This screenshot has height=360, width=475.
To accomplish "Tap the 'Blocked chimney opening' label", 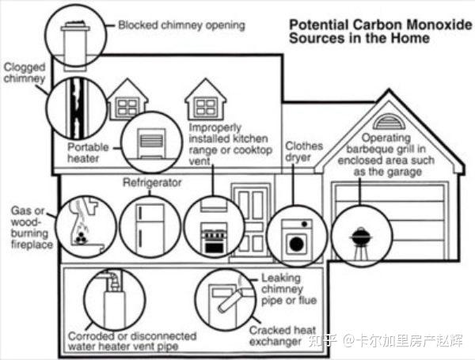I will pos(181,25).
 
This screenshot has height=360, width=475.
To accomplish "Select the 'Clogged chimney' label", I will pos(23,73).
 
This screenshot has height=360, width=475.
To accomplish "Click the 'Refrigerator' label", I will pos(152,183).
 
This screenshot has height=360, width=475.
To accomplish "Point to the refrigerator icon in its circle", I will pos(149,225).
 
